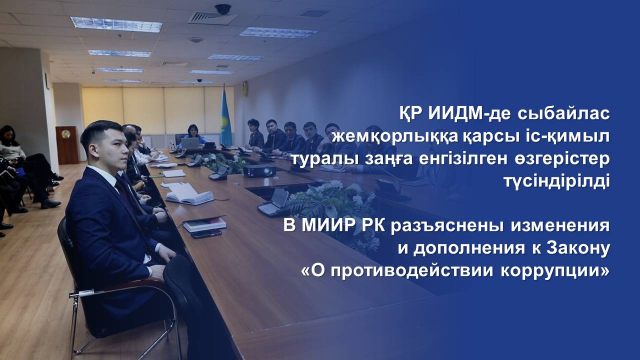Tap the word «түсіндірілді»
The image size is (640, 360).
tap(557, 182)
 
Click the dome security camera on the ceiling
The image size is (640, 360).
tap(223, 9)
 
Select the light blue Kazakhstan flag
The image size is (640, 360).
tap(225, 117)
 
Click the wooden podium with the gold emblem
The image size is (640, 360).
tap(67, 145)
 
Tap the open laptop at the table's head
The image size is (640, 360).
tap(190, 143)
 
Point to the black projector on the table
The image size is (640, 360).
tap(259, 171)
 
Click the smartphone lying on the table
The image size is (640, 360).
tap(206, 233)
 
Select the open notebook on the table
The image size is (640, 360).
tap(189, 194)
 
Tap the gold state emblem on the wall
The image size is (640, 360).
tap(245, 88)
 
